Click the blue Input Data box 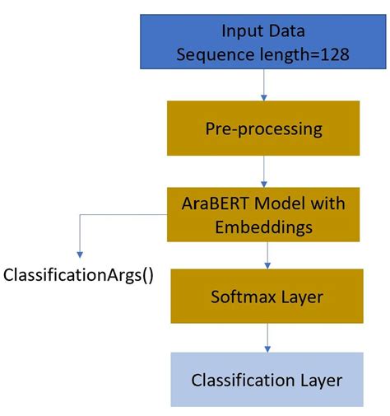263,42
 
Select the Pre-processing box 263,128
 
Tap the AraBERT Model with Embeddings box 263,213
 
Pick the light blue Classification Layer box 267,379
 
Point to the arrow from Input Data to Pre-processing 264,85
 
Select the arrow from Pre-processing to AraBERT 264,171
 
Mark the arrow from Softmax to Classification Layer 267,337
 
